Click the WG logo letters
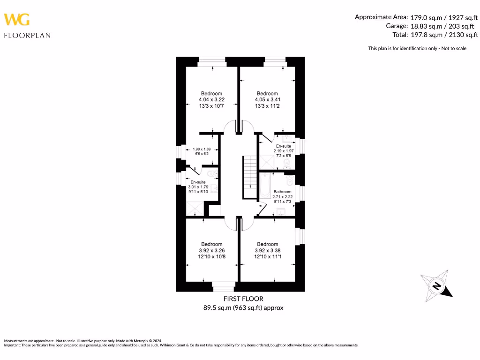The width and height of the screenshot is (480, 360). pyautogui.click(x=17, y=19)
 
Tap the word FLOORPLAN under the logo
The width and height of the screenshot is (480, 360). pyautogui.click(x=27, y=35)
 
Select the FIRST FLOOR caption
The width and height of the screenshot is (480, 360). pyautogui.click(x=243, y=299)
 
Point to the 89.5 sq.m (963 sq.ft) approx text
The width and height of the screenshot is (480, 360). pyautogui.click(x=243, y=308)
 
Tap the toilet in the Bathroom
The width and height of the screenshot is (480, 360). pyautogui.click(x=289, y=180)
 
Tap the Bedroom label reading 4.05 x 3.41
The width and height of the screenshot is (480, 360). pyautogui.click(x=267, y=99)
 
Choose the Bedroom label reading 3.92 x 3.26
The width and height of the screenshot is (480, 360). pyautogui.click(x=211, y=250)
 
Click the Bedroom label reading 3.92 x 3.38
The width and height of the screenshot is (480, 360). pyautogui.click(x=267, y=250)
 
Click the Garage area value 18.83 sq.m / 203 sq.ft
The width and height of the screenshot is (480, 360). pyautogui.click(x=444, y=26)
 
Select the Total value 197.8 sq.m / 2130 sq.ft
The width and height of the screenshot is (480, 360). pyautogui.click(x=444, y=35)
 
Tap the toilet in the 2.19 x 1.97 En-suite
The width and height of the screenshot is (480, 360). pyautogui.click(x=288, y=163)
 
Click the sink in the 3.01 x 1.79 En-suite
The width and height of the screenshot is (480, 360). pyautogui.click(x=214, y=188)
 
